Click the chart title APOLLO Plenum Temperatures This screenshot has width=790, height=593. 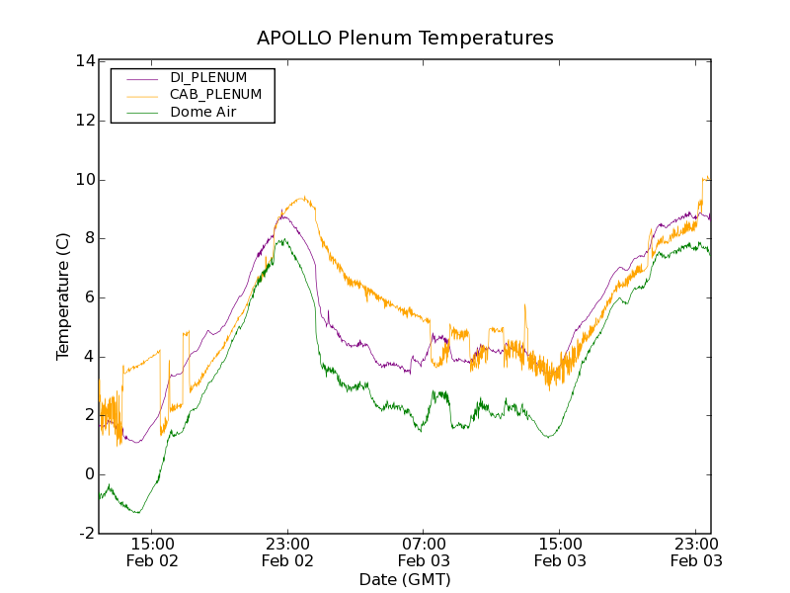(405, 38)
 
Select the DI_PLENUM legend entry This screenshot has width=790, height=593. (208, 77)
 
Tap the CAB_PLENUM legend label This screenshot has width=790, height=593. (215, 94)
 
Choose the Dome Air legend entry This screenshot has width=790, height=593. (202, 112)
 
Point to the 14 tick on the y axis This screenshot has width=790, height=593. (84, 61)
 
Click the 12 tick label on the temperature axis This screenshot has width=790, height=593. (84, 121)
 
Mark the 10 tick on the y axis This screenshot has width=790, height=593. (84, 180)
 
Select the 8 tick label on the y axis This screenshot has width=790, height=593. (88, 238)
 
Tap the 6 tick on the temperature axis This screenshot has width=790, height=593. (88, 297)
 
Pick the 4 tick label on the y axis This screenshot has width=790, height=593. (88, 357)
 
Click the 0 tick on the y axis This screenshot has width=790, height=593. (88, 474)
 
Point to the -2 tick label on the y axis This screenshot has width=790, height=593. (85, 534)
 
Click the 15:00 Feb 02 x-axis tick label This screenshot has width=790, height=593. (152, 551)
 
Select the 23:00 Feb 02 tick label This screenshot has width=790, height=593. (287, 551)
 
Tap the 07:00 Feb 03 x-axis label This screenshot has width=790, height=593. (424, 551)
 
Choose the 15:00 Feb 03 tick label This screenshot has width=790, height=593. (560, 551)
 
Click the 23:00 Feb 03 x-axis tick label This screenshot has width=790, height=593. (696, 551)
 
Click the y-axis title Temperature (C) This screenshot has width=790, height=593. (63, 296)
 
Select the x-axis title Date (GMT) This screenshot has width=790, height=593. (405, 579)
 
